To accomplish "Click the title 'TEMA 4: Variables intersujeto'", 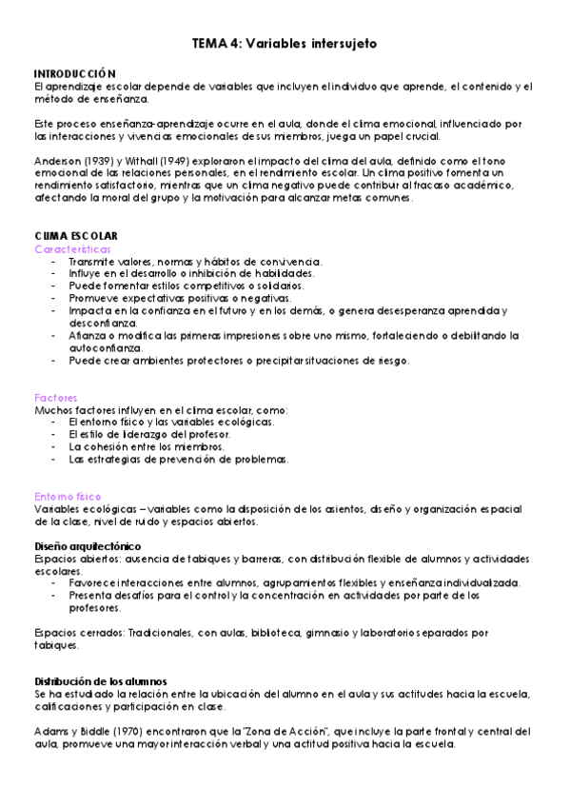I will click(285, 44).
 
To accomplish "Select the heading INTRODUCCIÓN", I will click(74, 73).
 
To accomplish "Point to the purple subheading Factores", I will click(55, 398).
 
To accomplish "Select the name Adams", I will click(49, 732).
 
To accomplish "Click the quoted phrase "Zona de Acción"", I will click(282, 732).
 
